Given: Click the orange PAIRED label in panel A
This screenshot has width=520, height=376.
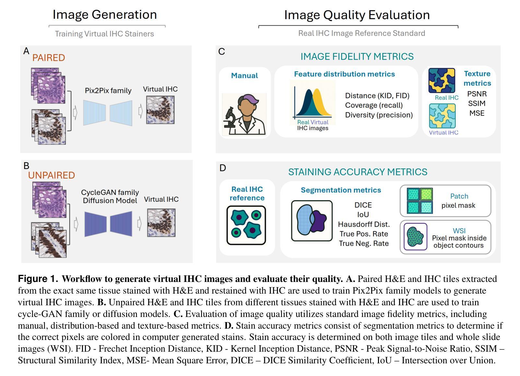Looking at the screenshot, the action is click(49, 58).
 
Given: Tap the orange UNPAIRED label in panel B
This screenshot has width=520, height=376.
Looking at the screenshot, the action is click(51, 175).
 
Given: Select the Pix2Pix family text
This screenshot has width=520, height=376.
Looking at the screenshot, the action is click(108, 91).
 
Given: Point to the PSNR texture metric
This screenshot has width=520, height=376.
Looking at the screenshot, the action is click(477, 94).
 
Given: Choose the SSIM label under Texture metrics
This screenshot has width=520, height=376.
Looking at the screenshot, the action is click(477, 103).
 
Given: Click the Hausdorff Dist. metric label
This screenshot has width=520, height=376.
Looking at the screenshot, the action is click(364, 224).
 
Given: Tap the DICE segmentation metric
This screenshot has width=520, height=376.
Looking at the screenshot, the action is click(363, 205).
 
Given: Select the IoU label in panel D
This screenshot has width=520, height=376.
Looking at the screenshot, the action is click(363, 214).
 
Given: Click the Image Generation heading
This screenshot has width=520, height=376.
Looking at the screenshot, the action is click(105, 15).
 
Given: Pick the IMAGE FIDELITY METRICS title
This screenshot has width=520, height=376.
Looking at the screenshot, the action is click(357, 56).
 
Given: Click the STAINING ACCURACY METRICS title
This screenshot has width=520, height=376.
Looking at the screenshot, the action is click(358, 172).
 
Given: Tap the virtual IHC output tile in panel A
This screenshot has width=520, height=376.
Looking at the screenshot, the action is click(160, 110).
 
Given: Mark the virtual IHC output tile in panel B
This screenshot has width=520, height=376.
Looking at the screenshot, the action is click(161, 223).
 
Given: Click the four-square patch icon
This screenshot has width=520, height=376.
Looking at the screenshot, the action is click(420, 200).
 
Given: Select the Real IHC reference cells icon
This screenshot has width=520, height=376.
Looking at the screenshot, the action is click(246, 225).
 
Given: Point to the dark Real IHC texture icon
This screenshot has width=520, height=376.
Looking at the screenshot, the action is click(442, 80).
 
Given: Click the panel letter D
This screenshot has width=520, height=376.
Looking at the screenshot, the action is click(223, 168).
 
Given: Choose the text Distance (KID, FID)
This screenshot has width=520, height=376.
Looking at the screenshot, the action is click(377, 96).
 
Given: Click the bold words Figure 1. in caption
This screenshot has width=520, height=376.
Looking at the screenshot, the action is click(38, 279).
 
